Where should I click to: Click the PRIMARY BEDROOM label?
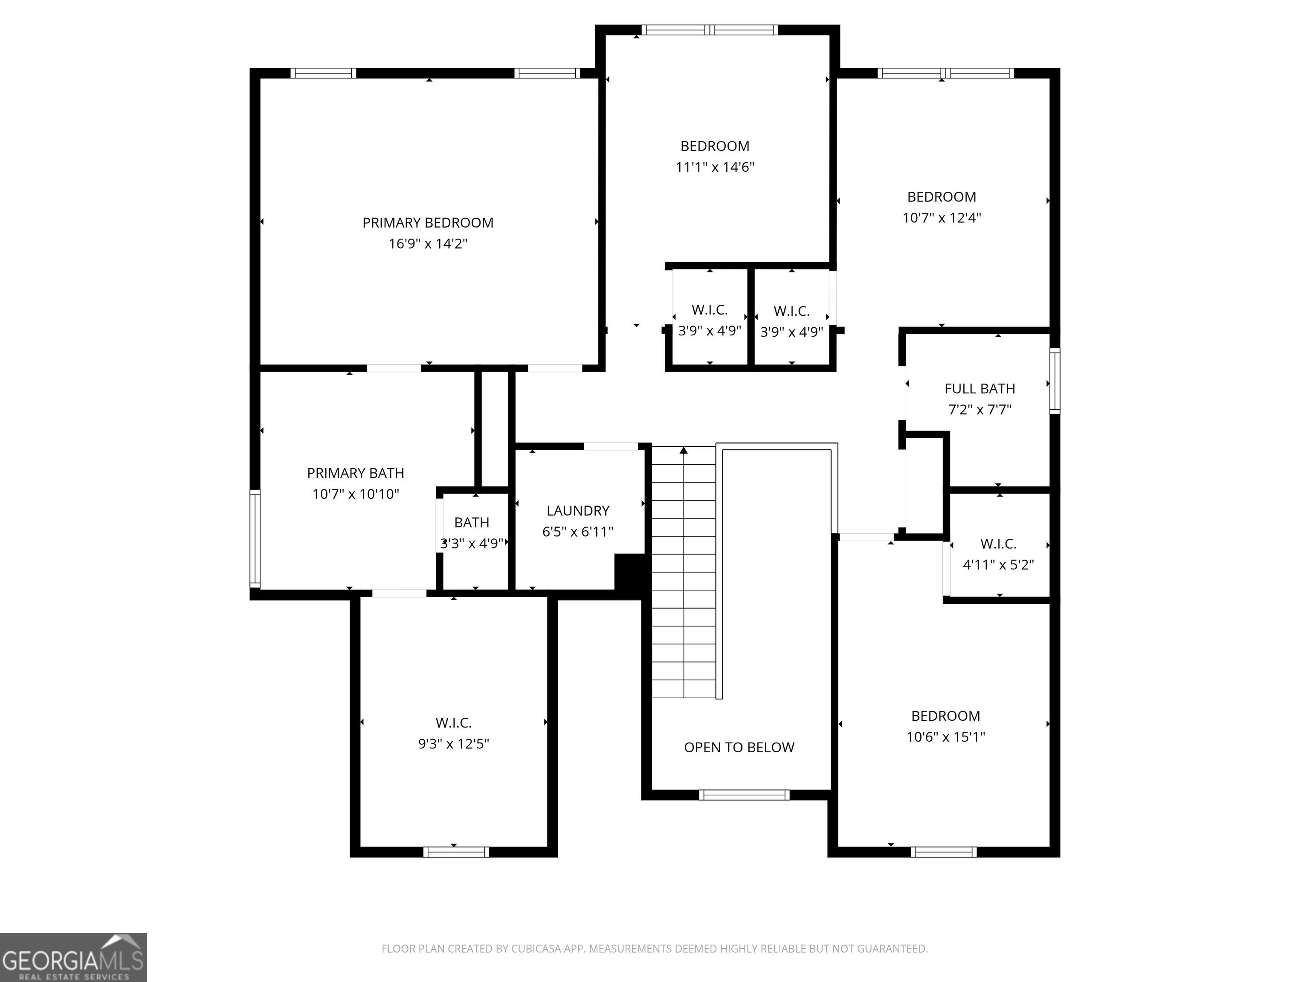pos(428,222)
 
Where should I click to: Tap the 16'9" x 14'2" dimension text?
pos(428,243)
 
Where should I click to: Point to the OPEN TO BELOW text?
pos(739,748)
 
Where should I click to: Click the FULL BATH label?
pos(980,389)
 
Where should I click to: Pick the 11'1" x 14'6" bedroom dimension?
pos(715,167)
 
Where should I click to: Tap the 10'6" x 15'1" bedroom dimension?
pos(946,737)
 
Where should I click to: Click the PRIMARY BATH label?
pos(355,474)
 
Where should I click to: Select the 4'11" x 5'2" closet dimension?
pos(998,565)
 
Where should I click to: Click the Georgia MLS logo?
pos(73,957)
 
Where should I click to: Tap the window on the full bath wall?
pos(1055,381)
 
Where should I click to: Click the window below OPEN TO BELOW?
pos(744,795)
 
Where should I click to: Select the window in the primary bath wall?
pos(255,538)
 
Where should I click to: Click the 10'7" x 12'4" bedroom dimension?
pos(942,218)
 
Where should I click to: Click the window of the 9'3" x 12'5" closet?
pos(456,852)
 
